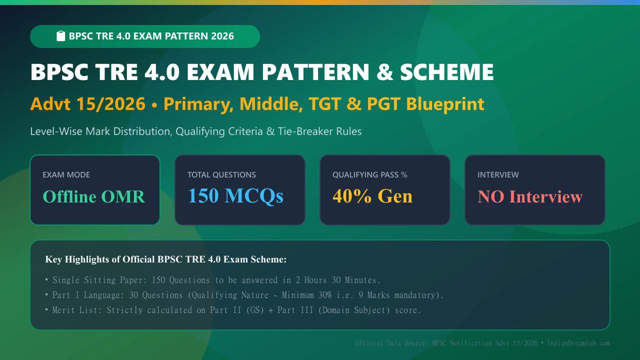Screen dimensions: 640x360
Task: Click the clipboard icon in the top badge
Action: click(60, 36)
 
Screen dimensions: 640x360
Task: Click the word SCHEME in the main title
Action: click(446, 72)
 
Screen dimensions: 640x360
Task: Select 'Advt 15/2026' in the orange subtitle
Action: click(88, 103)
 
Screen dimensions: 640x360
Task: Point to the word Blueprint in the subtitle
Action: click(445, 104)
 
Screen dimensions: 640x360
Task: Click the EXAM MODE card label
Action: click(66, 174)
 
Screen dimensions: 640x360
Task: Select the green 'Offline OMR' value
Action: click(93, 196)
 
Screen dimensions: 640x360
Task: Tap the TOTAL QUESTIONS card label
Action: click(221, 174)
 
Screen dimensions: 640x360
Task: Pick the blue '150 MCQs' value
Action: click(235, 196)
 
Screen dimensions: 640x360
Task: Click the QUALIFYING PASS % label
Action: click(370, 174)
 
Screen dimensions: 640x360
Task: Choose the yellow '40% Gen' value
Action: click(372, 196)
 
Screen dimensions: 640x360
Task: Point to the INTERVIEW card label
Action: click(498, 174)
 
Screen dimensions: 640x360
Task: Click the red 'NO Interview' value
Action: click(530, 196)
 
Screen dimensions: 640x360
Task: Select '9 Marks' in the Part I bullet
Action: click(373, 295)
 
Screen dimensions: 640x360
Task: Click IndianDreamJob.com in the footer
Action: click(578, 343)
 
